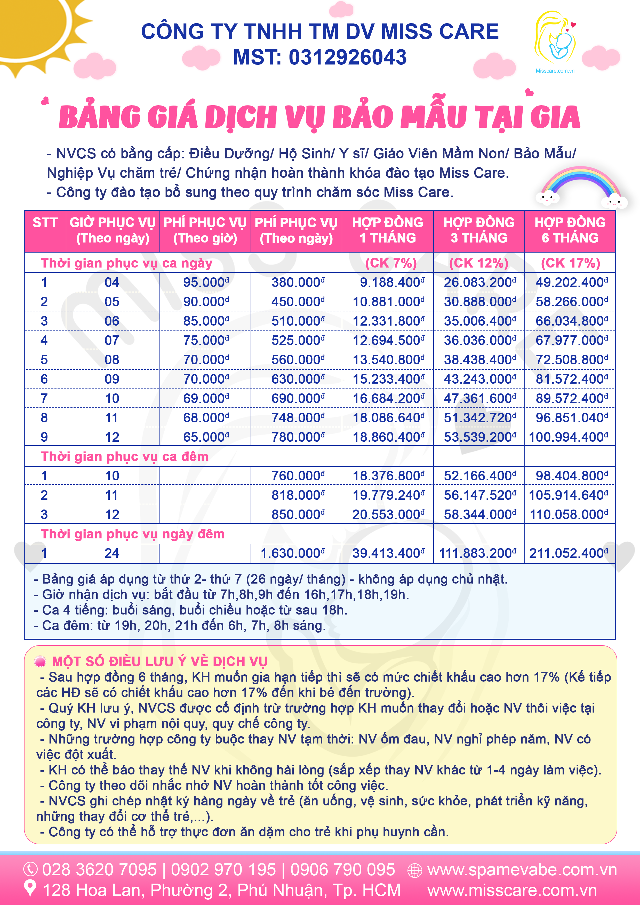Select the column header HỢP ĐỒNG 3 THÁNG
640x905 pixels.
(479, 231)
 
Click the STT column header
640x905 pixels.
(45, 223)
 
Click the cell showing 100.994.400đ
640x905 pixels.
(568, 437)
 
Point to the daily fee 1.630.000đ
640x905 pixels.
(293, 553)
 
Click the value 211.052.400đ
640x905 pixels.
(568, 553)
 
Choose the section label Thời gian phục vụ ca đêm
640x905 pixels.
(125, 456)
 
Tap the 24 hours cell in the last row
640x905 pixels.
(112, 553)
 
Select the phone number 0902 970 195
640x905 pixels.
(223, 869)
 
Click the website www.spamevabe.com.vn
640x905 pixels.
(522, 869)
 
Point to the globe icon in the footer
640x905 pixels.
(414, 870)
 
